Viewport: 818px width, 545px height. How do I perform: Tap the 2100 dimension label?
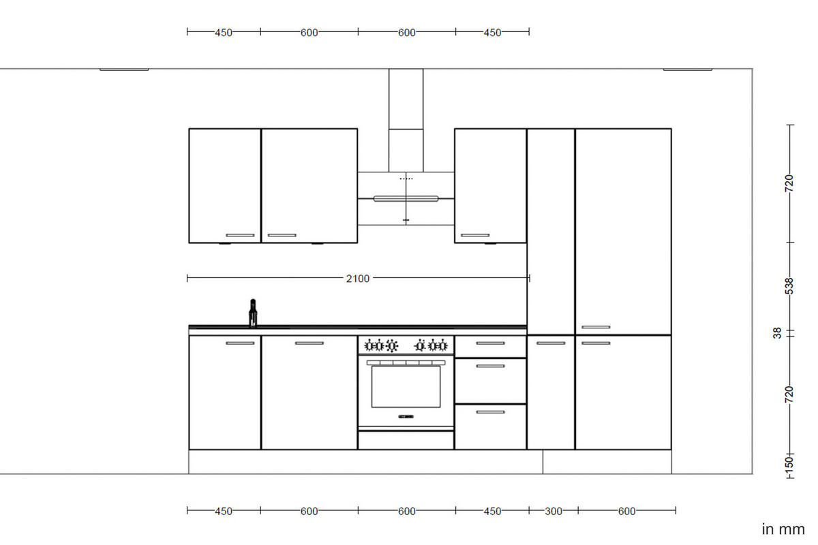357,278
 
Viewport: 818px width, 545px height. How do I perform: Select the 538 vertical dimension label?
789,286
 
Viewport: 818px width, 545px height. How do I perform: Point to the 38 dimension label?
777,333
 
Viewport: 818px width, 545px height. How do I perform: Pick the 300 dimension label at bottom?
554,511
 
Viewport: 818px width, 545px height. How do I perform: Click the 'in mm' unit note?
783,529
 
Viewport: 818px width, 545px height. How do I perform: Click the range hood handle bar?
406,199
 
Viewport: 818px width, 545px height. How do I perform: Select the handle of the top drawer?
490,343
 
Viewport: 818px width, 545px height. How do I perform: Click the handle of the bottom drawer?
490,412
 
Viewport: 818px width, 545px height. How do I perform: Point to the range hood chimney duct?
406,119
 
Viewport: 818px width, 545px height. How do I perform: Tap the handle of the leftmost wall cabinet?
239,236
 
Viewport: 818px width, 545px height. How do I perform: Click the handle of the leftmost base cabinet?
239,343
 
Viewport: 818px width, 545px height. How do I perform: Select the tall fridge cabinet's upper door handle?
596,328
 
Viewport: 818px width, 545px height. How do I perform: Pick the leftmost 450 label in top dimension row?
224,32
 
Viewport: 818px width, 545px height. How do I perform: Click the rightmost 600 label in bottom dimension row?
626,511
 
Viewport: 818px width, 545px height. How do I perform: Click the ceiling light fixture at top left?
124,69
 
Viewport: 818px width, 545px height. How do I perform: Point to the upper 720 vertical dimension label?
789,183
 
